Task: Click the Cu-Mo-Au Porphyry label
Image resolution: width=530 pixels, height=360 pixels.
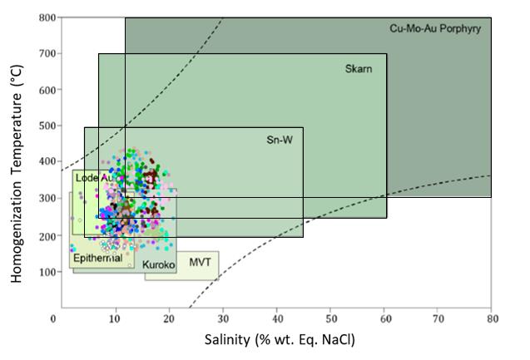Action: coord(435,28)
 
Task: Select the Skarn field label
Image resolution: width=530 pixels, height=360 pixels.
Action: coord(359,68)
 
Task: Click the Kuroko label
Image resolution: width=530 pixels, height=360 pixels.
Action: coord(159,265)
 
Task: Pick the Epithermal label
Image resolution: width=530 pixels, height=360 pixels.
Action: coord(97,258)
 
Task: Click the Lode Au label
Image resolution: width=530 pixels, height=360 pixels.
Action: coord(94,178)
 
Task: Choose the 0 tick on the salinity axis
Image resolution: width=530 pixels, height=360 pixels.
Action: coord(53,318)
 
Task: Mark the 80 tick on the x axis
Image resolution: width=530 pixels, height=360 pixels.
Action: coord(491,318)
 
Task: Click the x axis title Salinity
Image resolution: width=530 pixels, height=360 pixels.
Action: coord(272,340)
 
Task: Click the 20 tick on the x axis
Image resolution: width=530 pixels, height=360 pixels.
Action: coord(163,318)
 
